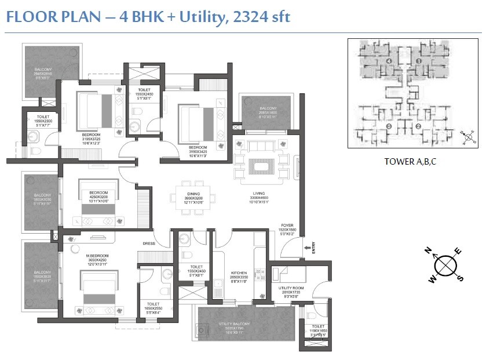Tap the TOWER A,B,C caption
pos(410,162)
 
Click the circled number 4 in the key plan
pos(389,60)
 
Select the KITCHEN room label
pos(239,272)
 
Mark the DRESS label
pos(149,243)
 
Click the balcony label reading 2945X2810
pos(43,72)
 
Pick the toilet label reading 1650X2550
pos(154,307)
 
